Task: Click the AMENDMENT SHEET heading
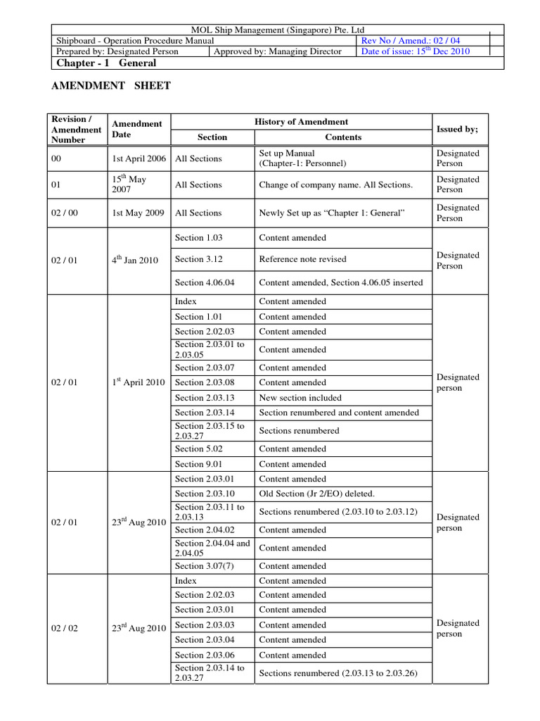point(112,86)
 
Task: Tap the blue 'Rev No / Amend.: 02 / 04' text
point(411,41)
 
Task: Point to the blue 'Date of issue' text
point(415,51)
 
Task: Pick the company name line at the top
point(278,30)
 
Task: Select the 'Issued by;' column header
point(457,130)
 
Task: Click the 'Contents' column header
point(343,137)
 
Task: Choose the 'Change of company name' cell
point(336,185)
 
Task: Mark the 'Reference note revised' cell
point(303,259)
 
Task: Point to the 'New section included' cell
point(300,398)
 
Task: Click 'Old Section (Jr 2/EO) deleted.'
point(317,494)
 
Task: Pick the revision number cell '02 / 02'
point(65,629)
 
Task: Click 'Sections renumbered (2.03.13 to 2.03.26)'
point(338,673)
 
